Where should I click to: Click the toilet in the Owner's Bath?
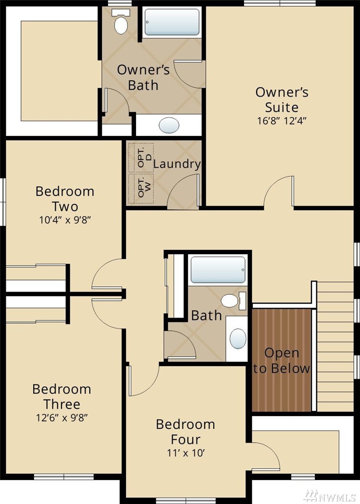pyautogui.click(x=121, y=22)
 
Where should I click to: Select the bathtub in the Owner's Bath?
pyautogui.click(x=172, y=22)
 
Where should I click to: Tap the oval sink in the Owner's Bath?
pyautogui.click(x=169, y=125)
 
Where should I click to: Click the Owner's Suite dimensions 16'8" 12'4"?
pyautogui.click(x=282, y=121)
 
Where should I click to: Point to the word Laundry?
pyautogui.click(x=177, y=164)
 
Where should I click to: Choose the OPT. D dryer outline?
pyautogui.click(x=141, y=158)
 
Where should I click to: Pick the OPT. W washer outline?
pyautogui.click(x=141, y=188)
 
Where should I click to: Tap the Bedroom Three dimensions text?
pyautogui.click(x=62, y=418)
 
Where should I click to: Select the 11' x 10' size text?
pyautogui.click(x=186, y=453)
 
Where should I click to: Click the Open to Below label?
pyautogui.click(x=282, y=361)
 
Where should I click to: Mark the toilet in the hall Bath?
pyautogui.click(x=234, y=301)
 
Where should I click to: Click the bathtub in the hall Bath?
pyautogui.click(x=218, y=270)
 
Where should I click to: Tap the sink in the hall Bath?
pyautogui.click(x=238, y=338)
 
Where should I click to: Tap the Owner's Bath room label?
pyautogui.click(x=143, y=77)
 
